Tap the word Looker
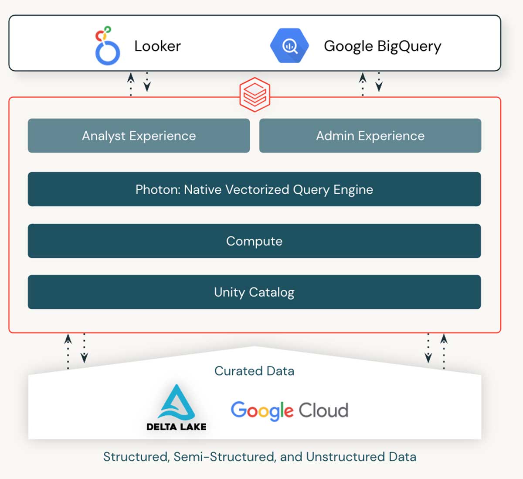tap(157, 46)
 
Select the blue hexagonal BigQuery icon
tap(289, 46)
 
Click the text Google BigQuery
tap(382, 46)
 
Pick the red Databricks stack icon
tap(255, 93)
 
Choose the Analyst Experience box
tap(139, 136)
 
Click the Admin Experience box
tap(370, 136)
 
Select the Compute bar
tap(254, 241)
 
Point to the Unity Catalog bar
tap(254, 292)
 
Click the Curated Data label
tap(254, 371)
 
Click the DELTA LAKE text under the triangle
tap(176, 427)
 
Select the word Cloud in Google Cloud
tap(323, 411)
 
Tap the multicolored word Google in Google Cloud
tap(262, 411)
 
